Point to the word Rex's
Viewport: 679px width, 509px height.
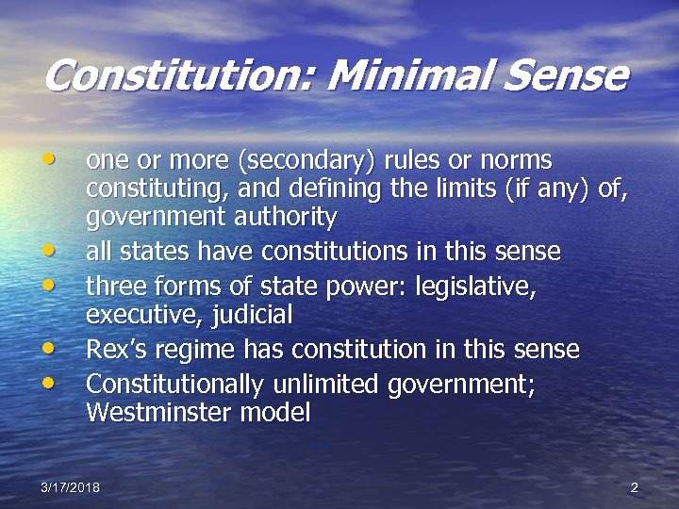click(112, 350)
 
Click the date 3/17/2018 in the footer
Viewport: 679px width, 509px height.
click(71, 487)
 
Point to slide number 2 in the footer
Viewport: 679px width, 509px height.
click(634, 487)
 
